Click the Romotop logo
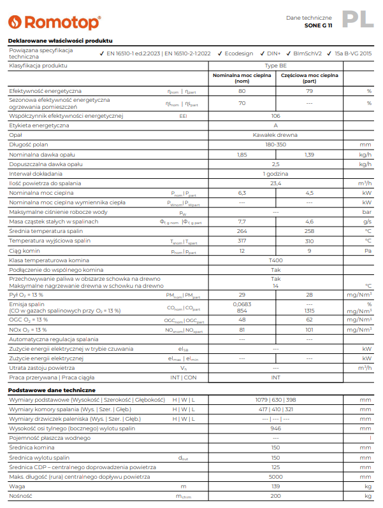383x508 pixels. click(54, 22)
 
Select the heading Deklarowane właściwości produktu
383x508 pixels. click(52, 41)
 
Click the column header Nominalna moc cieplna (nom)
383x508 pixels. click(242, 78)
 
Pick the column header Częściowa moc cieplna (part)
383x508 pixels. click(309, 78)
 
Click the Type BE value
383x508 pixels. click(275, 66)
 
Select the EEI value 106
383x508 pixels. click(275, 116)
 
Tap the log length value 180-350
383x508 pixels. click(275, 145)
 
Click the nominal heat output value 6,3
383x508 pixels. click(242, 192)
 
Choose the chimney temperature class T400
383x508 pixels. click(275, 260)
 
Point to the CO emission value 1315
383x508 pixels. click(309, 310)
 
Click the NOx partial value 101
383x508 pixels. click(309, 330)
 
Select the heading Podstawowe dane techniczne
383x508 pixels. click(52, 390)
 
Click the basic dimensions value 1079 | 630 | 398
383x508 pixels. click(275, 399)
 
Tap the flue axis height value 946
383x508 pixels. click(275, 428)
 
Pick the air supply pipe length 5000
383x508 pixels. click(275, 476)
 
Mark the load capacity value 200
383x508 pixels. click(275, 495)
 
